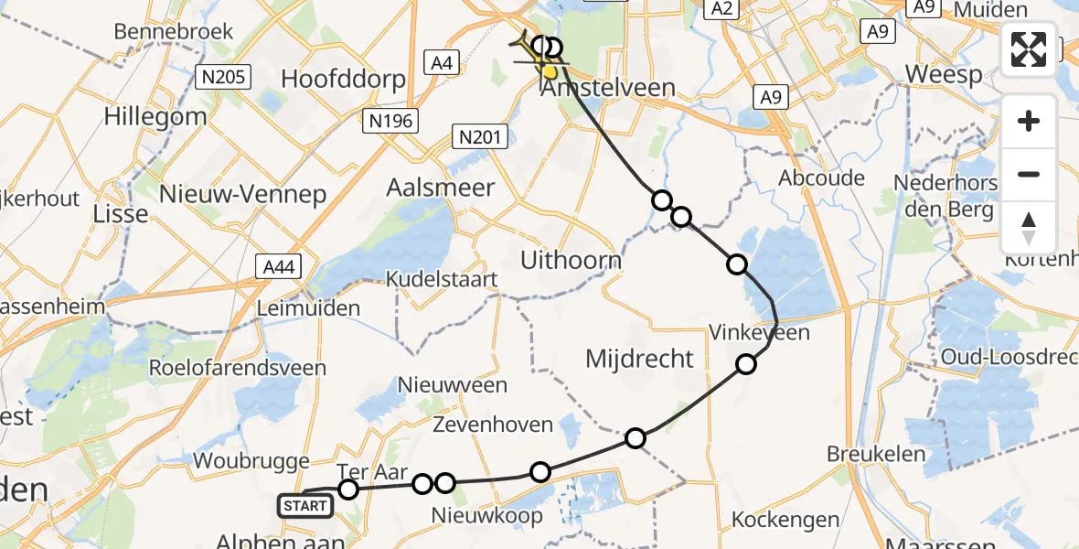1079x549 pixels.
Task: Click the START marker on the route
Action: pos(305,505)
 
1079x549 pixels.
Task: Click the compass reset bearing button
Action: pos(1029,228)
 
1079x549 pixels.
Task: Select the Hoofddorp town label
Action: pos(343,79)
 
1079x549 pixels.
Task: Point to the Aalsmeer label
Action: pos(441,188)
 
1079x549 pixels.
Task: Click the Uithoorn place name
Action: pos(571,260)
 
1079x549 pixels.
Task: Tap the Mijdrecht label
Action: pos(640,358)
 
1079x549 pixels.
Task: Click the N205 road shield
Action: pos(223,77)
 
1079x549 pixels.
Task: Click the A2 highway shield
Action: pos(721,8)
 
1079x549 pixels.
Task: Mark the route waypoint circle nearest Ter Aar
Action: pos(348,490)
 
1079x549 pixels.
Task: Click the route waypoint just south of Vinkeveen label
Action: pos(746,365)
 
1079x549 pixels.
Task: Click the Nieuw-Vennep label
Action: pos(242,193)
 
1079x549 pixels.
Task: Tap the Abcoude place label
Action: pos(821,178)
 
